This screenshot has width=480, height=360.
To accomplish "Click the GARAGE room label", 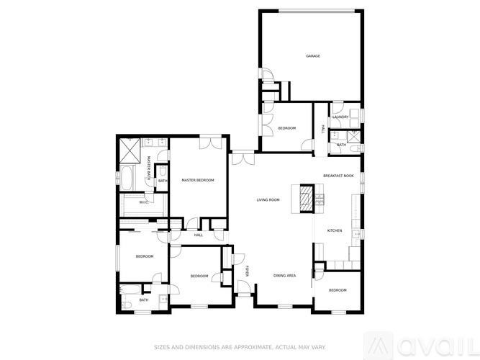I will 312,56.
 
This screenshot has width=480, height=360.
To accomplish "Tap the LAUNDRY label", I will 340,117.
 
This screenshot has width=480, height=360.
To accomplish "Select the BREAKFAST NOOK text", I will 338,176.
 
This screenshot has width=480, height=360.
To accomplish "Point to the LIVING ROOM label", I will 268,200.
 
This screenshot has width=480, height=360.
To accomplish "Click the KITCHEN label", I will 335,230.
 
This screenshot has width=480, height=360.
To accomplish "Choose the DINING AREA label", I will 285,276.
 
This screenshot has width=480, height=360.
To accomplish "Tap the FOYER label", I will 247,272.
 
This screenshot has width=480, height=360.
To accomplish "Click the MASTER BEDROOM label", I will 198,180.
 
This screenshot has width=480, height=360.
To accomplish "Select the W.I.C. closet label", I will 144,203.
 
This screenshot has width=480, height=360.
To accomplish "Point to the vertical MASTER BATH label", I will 149,168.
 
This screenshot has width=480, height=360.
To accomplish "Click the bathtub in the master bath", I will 127,177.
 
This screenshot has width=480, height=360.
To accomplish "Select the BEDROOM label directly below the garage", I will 287,128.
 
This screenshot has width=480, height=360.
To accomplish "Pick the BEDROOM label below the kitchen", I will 338,290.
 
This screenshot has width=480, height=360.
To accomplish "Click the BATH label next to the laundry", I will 341,145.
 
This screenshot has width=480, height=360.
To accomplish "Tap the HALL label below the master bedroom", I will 199,235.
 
